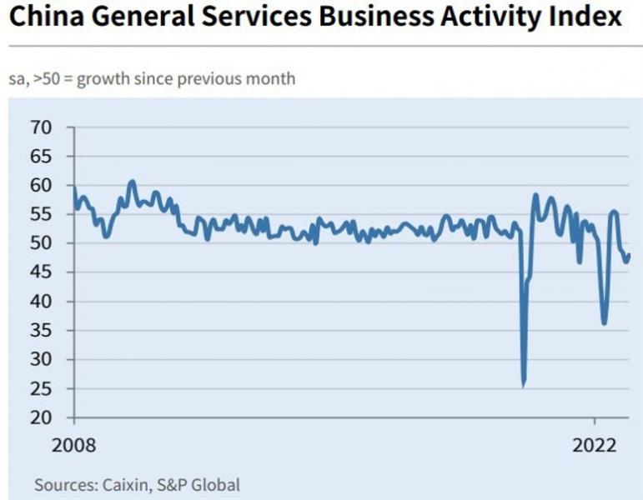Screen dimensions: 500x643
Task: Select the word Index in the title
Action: click(x=585, y=17)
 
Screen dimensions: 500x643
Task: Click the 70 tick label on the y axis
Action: click(x=41, y=127)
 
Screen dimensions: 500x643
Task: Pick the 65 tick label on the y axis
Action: click(x=41, y=157)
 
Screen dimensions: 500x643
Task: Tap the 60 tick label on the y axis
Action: click(x=41, y=185)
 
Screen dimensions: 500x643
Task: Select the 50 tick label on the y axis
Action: click(x=41, y=243)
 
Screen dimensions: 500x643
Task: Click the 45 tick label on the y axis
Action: click(x=41, y=272)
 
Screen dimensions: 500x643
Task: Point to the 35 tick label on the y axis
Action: click(x=41, y=331)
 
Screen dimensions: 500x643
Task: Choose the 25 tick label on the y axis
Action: click(x=41, y=388)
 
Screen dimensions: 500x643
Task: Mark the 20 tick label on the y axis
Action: click(x=41, y=417)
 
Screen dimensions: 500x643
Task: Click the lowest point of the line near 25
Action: click(x=523, y=385)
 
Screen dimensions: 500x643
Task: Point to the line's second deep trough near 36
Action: click(x=604, y=323)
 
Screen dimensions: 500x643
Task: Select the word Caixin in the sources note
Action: click(x=124, y=484)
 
